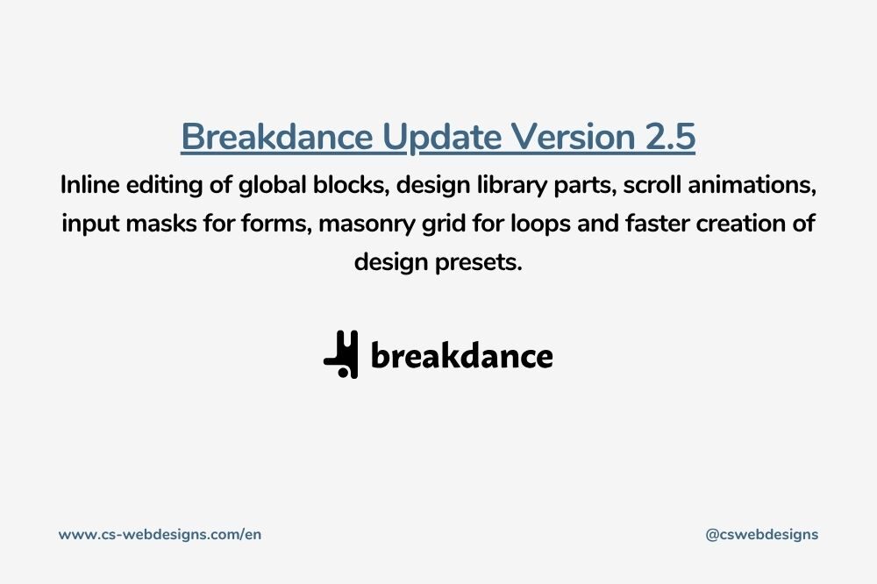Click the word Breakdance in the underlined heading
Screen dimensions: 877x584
coord(277,137)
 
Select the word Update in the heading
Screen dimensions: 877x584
coord(442,138)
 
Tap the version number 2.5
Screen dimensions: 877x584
coord(670,137)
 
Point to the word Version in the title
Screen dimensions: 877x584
coord(574,137)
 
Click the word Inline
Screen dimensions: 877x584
coord(89,185)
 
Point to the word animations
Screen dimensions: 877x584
coord(752,185)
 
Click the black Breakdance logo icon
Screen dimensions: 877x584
coord(340,354)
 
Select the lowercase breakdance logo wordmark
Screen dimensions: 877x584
coord(462,355)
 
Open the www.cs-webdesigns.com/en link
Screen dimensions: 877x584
coord(160,534)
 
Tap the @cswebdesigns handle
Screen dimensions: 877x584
coord(762,535)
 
